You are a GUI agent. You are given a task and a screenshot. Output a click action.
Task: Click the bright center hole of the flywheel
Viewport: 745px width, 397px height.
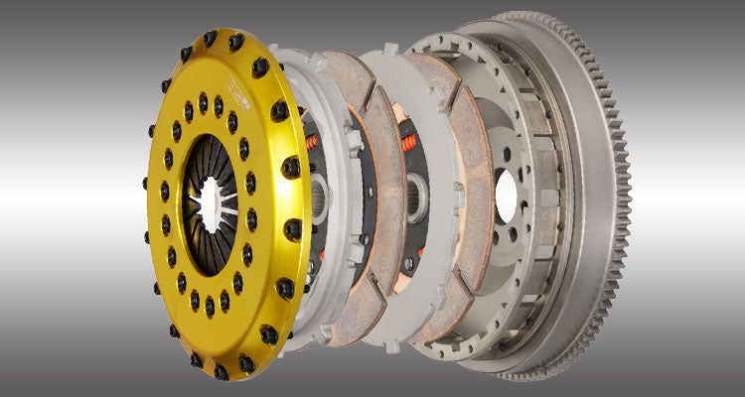507,194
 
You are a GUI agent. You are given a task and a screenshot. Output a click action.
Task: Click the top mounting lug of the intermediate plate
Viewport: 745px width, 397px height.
390,50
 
